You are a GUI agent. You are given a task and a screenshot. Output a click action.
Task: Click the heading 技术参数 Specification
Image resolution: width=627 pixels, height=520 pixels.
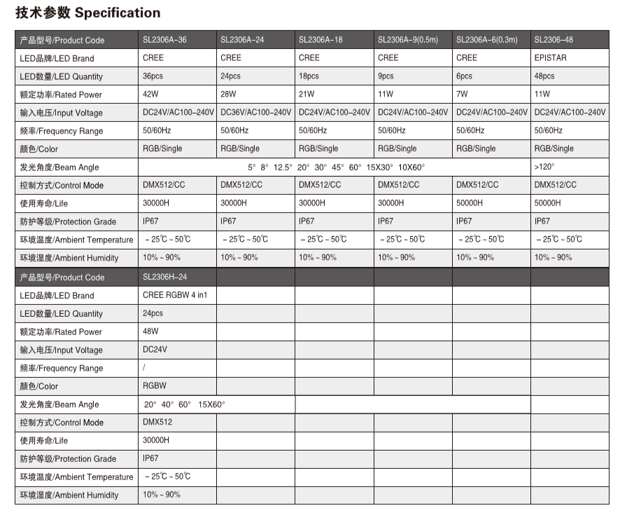(87, 13)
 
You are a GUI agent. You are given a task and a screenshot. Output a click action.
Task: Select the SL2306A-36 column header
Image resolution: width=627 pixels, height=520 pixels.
(164, 40)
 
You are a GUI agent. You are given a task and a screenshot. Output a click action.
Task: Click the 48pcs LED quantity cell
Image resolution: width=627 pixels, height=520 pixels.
(544, 76)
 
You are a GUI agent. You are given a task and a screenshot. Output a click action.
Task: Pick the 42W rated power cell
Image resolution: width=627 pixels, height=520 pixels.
(151, 94)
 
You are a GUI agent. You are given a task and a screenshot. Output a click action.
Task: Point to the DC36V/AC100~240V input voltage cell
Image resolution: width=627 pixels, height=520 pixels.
(255, 112)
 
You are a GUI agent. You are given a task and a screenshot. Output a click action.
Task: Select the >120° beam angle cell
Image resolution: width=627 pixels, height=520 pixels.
(544, 167)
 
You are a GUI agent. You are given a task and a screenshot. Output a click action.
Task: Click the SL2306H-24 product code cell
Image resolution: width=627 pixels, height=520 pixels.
(164, 277)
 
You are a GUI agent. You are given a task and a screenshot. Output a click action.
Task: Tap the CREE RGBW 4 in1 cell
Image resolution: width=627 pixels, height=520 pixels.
(175, 295)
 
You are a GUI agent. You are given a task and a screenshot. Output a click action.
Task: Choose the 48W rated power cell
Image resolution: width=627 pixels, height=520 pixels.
(151, 331)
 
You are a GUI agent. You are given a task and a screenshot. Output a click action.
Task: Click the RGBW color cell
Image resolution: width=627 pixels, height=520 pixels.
(155, 386)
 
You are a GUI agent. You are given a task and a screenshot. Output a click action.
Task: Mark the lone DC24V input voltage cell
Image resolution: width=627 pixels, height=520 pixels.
(155, 350)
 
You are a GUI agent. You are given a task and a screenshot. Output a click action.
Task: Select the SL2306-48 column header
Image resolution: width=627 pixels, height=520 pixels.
(554, 40)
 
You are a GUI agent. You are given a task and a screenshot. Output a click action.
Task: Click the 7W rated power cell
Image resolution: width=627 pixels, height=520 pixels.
(463, 94)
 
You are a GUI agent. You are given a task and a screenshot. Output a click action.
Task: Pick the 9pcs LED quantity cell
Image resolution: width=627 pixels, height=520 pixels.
(386, 76)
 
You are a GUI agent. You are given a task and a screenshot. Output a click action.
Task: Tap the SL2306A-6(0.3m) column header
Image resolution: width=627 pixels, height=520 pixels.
(487, 40)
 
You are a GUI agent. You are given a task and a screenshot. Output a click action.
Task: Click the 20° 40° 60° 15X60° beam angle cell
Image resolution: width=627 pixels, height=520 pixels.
(185, 404)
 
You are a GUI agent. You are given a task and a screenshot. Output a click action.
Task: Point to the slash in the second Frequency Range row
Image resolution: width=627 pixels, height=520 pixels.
(144, 368)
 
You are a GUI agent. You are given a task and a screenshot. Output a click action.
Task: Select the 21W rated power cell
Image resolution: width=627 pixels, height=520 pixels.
(307, 94)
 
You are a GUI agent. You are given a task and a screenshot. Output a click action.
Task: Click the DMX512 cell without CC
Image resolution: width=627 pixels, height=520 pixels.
(157, 423)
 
